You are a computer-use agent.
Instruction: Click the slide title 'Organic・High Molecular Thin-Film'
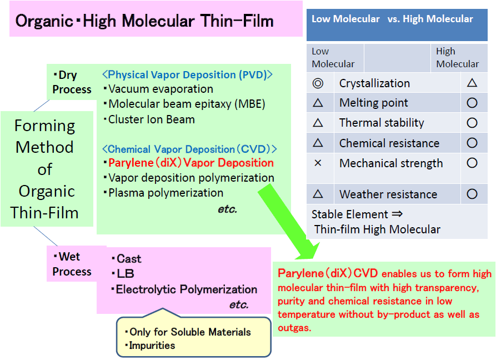pos(144,21)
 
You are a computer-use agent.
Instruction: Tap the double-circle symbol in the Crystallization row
pos(318,83)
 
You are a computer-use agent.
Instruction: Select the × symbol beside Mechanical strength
pos(318,163)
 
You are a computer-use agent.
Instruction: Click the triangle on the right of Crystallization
pos(472,83)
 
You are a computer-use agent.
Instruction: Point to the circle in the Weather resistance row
pos(472,194)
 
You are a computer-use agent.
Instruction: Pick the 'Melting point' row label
pos(374,103)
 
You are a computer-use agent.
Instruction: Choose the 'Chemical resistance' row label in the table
pos(389,143)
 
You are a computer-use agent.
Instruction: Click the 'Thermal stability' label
pos(382,123)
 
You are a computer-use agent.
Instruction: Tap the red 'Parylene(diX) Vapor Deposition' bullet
pos(189,163)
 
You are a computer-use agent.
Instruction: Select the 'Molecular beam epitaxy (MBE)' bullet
pos(184,104)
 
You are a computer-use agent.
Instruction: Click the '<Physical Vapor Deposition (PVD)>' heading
pos(188,74)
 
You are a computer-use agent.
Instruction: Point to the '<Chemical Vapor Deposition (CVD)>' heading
pos(189,149)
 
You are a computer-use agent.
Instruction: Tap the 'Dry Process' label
pos(72,82)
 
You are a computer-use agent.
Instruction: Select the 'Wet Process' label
pos(72,264)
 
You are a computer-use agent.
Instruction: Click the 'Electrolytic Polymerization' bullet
pos(184,289)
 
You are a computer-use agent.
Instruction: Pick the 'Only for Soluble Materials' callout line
pos(188,332)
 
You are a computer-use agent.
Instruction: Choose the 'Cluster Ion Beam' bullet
pos(149,119)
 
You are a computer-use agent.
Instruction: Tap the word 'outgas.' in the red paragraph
pos(294,328)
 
